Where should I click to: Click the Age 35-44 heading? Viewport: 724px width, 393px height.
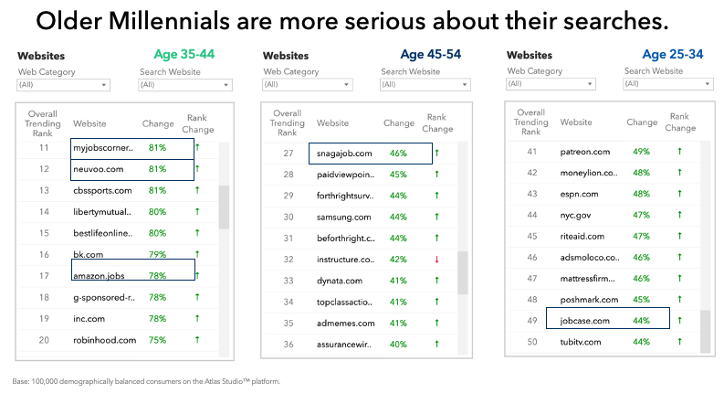click(x=185, y=55)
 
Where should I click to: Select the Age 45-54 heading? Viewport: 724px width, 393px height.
click(x=430, y=55)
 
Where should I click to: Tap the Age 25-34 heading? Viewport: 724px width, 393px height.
click(x=673, y=55)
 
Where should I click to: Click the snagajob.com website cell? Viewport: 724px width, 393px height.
click(x=344, y=154)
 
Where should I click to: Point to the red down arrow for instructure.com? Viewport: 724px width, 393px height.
click(x=436, y=260)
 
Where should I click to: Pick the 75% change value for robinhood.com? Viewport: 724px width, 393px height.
click(x=156, y=340)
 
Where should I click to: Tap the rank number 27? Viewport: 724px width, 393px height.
click(x=288, y=154)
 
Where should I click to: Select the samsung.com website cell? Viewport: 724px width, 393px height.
click(x=344, y=217)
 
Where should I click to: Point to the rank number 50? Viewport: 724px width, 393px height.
click(x=531, y=342)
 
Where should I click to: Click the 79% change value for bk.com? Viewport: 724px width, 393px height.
click(x=156, y=255)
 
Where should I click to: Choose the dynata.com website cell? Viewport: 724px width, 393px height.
click(x=341, y=281)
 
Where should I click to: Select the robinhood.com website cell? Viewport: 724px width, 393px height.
click(x=105, y=340)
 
